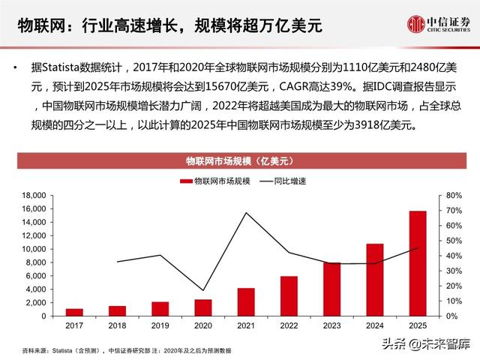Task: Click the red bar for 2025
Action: [x=417, y=263]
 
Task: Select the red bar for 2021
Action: [x=246, y=302]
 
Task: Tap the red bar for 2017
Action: [x=74, y=312]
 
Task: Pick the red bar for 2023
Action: [x=331, y=289]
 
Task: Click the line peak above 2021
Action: [x=246, y=212]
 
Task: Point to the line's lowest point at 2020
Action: [x=203, y=290]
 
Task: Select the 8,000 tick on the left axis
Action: [x=37, y=262]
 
